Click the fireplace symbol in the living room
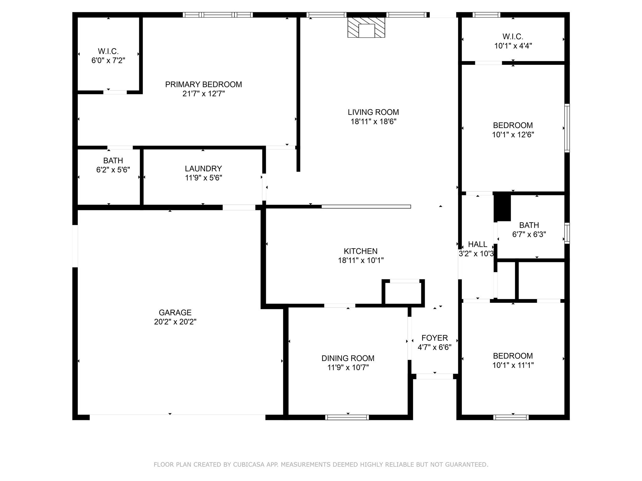366,27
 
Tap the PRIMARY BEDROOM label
203,85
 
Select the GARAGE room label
175,313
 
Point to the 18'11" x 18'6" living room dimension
373,122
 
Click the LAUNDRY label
203,169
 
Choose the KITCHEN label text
360,251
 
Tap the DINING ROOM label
348,358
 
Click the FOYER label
434,338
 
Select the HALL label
477,244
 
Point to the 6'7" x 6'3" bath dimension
529,234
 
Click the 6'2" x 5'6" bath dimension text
113,170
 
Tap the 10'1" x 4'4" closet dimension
513,46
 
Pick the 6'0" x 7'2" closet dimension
108,60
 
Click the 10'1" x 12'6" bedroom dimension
513,135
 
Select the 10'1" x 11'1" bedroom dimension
513,365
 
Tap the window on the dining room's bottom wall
347,417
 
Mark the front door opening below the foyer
435,376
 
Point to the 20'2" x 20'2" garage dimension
175,322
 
